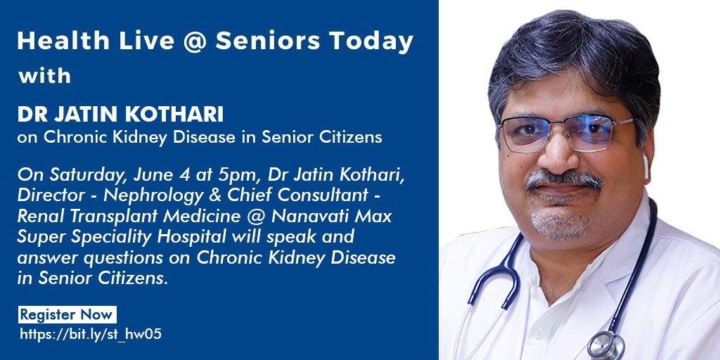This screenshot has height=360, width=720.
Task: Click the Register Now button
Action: click(x=67, y=314)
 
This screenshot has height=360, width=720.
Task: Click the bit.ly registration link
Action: click(x=91, y=334)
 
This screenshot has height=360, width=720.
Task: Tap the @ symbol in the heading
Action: click(x=194, y=41)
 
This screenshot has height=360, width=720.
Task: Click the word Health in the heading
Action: click(x=63, y=41)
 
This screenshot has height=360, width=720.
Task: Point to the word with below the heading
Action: click(x=44, y=76)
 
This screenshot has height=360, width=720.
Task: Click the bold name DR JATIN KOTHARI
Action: click(x=120, y=115)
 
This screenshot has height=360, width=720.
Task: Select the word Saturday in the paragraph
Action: click(x=88, y=176)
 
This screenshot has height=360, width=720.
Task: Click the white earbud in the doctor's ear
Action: click(x=645, y=166)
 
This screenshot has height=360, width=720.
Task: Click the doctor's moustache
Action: click(x=564, y=180)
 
